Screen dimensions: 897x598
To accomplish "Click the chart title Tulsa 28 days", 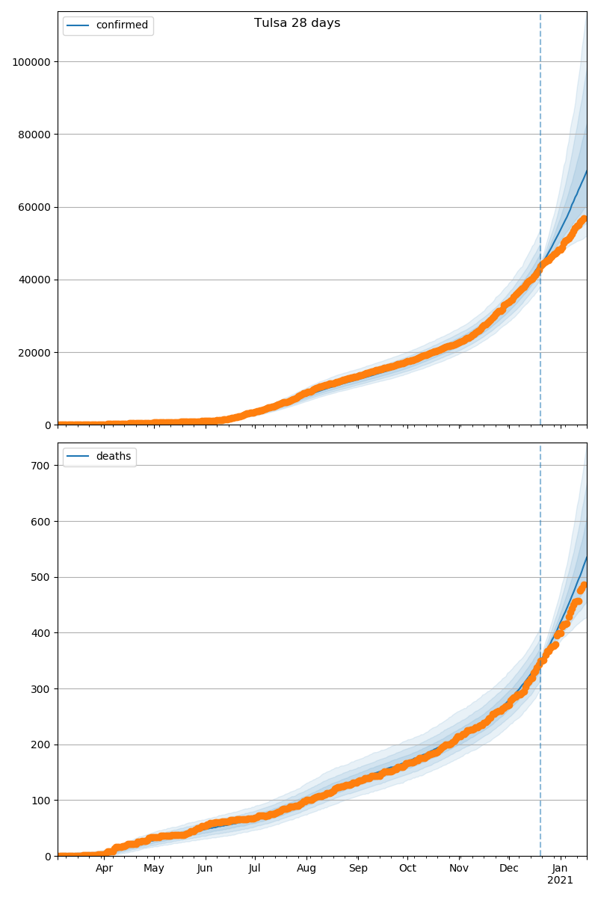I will point(297,23).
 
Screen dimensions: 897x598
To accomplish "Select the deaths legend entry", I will point(113,456).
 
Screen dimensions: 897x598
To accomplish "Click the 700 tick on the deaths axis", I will point(41,466).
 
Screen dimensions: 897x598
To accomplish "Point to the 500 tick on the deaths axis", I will point(41,577).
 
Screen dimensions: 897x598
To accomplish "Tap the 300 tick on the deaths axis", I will point(41,688).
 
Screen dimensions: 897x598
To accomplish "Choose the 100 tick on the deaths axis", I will point(41,801).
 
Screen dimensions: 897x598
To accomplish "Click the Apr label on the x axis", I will point(105,869).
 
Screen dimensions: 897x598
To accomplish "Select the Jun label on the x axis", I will point(205,869).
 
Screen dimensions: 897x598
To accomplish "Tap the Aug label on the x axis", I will point(306,869).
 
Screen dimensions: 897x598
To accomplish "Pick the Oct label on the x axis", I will point(407,869).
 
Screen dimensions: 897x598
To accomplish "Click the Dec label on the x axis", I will point(509,869).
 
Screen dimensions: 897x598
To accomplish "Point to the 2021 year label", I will point(560,881).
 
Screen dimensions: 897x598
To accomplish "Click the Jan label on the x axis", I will point(560,869).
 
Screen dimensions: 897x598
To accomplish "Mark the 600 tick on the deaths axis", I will point(41,521).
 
